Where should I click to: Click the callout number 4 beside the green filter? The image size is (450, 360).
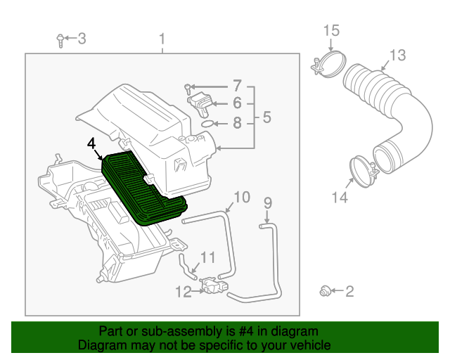[91, 143]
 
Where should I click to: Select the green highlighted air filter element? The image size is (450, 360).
[144, 188]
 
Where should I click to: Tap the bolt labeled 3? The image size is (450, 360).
[60, 41]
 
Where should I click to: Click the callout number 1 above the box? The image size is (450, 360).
[162, 39]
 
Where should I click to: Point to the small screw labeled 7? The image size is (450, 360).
[188, 89]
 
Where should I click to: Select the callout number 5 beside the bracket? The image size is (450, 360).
[266, 117]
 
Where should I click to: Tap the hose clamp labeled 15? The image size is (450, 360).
[329, 64]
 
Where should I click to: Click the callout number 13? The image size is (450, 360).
[397, 55]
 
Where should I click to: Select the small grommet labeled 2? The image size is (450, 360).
[325, 291]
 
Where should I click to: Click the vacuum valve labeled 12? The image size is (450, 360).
[214, 285]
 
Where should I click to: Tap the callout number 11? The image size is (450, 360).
[207, 257]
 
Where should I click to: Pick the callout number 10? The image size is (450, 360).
[242, 197]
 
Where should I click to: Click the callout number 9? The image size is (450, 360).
[267, 203]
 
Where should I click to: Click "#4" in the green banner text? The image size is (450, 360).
[246, 332]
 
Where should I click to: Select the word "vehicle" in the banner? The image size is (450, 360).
[312, 345]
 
